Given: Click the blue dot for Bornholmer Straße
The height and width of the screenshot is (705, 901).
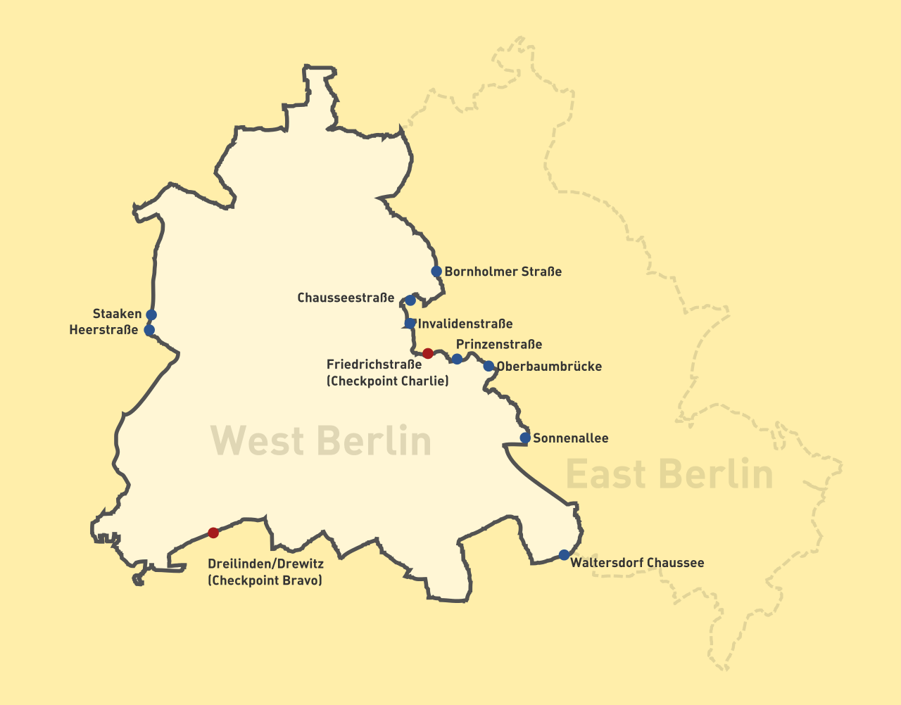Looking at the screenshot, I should tap(436, 272).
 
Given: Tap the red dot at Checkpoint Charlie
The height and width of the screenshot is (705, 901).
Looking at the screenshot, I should tap(428, 353).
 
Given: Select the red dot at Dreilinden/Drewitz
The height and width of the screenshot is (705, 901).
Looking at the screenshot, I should tap(213, 533).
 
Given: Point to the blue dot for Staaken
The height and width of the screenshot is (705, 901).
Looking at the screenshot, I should tap(151, 315).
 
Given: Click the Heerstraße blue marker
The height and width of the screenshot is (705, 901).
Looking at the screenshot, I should tap(149, 330).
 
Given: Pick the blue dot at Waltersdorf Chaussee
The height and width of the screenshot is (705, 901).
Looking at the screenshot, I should tap(564, 554).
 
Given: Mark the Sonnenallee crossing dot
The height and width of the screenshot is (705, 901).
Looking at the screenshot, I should tap(525, 438).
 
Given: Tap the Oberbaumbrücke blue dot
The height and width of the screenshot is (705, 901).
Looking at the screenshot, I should tap(489, 366).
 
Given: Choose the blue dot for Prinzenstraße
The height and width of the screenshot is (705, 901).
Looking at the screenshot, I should tap(457, 360).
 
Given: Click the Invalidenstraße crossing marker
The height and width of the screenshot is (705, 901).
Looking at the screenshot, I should tap(410, 324).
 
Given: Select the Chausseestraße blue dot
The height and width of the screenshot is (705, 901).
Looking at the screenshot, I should tap(410, 300).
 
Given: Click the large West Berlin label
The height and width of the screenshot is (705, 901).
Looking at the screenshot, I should tap(321, 442).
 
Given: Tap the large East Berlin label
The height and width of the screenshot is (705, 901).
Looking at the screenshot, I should tap(669, 474).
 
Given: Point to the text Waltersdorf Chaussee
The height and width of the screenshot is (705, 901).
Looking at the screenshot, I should tap(637, 563).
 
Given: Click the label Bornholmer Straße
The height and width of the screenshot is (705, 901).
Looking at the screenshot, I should tap(503, 272).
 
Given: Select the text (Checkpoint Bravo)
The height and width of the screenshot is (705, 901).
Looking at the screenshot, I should tap(265, 580).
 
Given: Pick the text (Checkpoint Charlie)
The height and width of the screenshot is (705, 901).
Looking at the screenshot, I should tap(387, 381).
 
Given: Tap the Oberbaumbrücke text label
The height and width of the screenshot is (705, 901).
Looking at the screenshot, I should tap(549, 367).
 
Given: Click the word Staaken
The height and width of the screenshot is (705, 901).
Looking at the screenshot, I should tap(117, 314).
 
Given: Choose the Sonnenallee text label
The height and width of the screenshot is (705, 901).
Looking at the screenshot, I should tap(571, 438).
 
